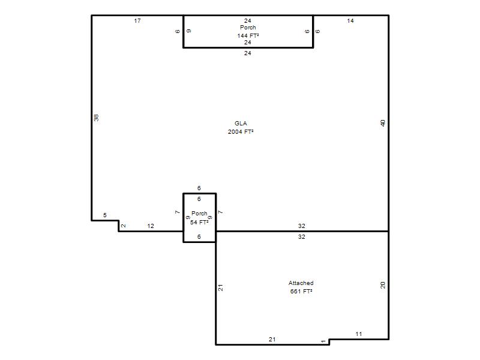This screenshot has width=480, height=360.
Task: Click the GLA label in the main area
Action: click(x=241, y=124)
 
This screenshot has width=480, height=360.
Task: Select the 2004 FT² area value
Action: click(x=241, y=131)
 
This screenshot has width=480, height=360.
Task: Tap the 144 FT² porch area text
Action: click(x=248, y=35)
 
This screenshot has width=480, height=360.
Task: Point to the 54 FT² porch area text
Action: click(x=199, y=222)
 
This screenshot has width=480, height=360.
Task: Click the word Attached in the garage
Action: click(x=301, y=283)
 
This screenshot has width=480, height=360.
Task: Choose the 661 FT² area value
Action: click(x=301, y=292)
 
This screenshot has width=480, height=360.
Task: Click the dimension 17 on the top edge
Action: click(x=137, y=21)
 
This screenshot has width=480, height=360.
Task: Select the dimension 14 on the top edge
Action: click(x=350, y=21)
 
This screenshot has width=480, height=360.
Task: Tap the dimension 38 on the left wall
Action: click(x=96, y=118)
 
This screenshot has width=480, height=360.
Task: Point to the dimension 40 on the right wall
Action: click(x=383, y=123)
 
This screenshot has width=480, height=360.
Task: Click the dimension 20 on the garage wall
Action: click(x=383, y=286)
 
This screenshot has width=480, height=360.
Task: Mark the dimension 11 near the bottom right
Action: click(x=358, y=334)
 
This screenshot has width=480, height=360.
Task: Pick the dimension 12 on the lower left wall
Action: click(x=151, y=226)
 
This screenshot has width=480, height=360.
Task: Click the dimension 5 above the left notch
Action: click(x=104, y=215)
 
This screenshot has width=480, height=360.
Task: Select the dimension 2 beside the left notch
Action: click(x=124, y=226)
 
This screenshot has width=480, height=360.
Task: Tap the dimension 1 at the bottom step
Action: click(x=323, y=341)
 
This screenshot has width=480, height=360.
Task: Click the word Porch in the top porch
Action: click(x=248, y=28)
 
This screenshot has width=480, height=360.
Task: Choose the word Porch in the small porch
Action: click(x=199, y=213)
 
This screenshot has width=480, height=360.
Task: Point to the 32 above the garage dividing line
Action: click(x=302, y=226)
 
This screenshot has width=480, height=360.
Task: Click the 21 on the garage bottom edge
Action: click(x=272, y=339)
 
